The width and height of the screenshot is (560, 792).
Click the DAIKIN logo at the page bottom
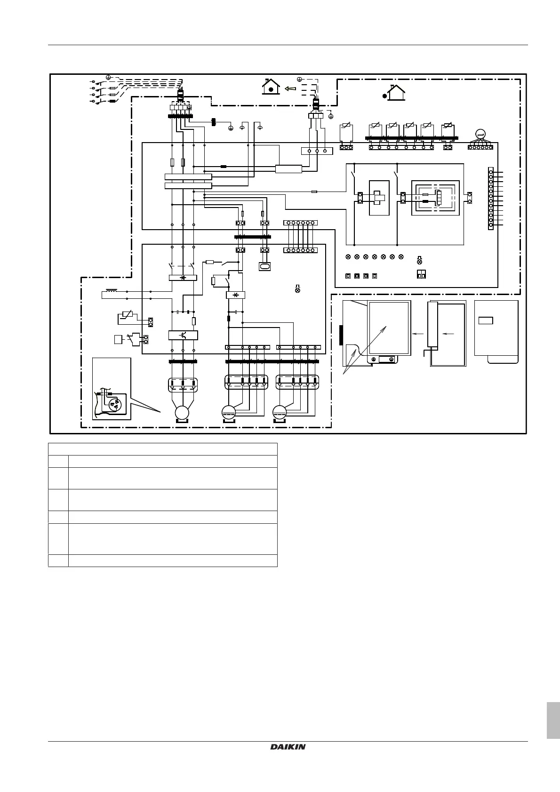pyautogui.click(x=288, y=747)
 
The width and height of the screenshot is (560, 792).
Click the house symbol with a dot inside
pyautogui.click(x=271, y=87)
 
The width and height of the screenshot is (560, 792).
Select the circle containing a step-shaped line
pyautogui.click(x=480, y=135)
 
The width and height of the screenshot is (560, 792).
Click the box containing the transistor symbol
pyautogui.click(x=183, y=336)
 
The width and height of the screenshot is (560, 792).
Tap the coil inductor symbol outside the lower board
pyautogui.click(x=112, y=291)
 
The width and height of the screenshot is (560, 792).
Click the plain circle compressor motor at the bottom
pyautogui.click(x=182, y=413)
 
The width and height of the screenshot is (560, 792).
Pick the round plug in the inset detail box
pyautogui.click(x=113, y=404)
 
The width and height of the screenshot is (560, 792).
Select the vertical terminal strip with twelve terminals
pyautogui.click(x=491, y=198)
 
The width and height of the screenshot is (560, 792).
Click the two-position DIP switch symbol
pyautogui.click(x=421, y=275)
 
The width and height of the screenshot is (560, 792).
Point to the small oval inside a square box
pyautogui.click(x=264, y=266)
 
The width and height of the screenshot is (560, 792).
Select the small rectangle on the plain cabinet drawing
pyautogui.click(x=486, y=320)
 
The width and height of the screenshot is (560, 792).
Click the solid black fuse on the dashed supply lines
pyautogui.click(x=112, y=101)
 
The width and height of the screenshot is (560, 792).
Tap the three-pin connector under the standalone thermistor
pyautogui.click(x=346, y=147)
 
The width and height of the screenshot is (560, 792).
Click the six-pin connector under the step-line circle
pyautogui.click(x=480, y=147)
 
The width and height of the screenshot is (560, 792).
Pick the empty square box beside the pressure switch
pyautogui.click(x=118, y=339)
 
